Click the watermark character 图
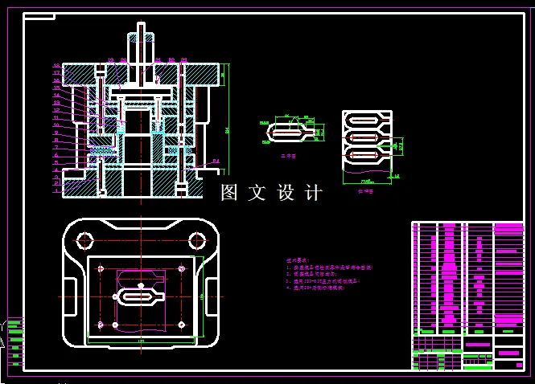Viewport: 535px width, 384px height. coord(230,193)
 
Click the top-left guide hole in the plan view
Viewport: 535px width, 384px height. coord(84,239)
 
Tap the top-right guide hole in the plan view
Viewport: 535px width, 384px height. coord(196,239)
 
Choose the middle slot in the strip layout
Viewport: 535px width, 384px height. coord(365,137)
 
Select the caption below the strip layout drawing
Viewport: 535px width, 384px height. coord(364,192)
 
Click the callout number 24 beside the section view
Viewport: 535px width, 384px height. coord(216,162)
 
